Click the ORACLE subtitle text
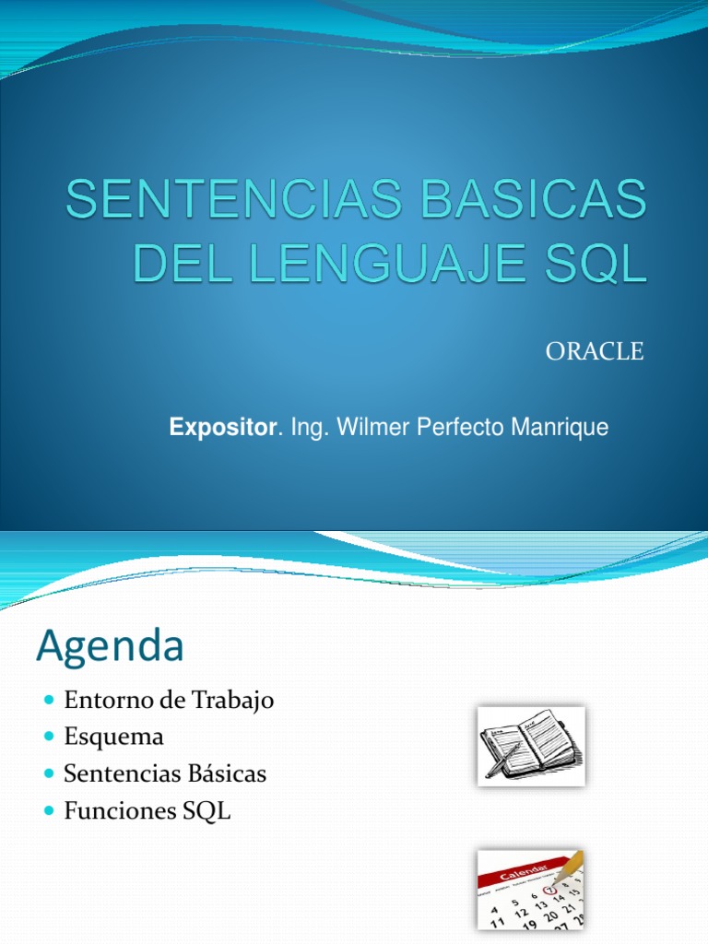(x=594, y=351)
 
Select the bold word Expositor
(x=222, y=428)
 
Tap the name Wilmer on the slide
(x=369, y=428)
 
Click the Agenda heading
(x=110, y=646)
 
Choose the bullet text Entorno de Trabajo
(x=170, y=700)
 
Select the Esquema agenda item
(x=113, y=737)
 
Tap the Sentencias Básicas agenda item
(x=165, y=773)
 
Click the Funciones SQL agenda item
(x=147, y=811)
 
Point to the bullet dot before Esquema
(x=50, y=737)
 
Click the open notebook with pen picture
(x=531, y=746)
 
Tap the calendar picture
(x=530, y=889)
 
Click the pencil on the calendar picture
(x=571, y=867)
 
